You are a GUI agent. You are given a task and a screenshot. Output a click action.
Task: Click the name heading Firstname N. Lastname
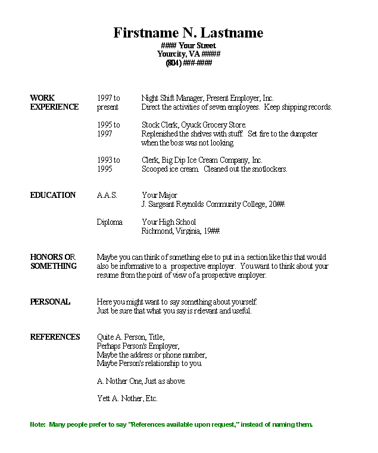[188, 33]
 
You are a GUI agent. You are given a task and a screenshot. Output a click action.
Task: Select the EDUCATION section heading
[53, 195]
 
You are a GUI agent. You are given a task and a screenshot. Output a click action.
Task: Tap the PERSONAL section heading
[50, 302]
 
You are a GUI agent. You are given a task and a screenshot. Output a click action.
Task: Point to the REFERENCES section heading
[55, 337]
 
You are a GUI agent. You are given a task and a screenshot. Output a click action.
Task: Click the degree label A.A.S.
[107, 195]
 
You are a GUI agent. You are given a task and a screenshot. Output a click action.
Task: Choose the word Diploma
[110, 222]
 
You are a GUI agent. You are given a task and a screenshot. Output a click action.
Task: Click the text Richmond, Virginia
[169, 231]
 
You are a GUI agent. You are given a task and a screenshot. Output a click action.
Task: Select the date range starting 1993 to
[108, 160]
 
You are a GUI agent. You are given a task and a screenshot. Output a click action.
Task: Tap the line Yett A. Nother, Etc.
[127, 398]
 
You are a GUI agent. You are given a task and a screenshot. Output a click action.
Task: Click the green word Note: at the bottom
[37, 424]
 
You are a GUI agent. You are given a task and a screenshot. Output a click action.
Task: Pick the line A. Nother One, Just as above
[140, 381]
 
